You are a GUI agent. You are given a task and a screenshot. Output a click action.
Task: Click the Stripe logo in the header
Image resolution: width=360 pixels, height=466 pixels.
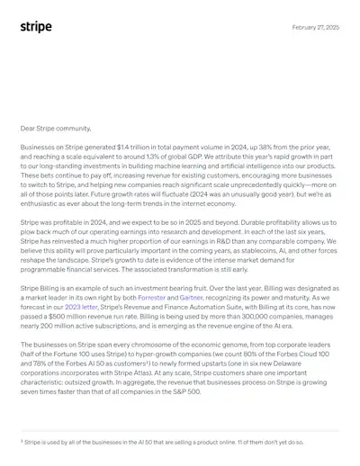(36, 27)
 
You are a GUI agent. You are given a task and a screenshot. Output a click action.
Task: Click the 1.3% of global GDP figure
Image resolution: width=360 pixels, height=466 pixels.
(151, 157)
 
